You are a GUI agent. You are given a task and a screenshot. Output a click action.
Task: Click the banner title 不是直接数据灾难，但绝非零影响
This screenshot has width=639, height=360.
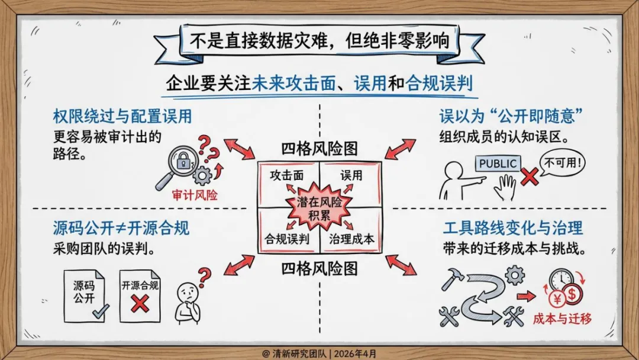pos(319,42)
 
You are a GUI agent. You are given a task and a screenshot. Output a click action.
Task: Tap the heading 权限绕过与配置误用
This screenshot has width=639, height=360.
pos(122,115)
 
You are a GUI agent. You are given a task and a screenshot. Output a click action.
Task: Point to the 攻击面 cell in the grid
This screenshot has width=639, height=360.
pos(287,175)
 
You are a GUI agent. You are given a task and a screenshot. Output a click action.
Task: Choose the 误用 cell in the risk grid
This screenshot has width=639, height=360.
pos(351,175)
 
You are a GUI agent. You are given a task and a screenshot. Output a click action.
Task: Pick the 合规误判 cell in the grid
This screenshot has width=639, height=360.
pos(287,239)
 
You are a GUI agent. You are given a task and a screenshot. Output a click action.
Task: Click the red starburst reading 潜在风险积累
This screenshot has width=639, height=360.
pos(319,208)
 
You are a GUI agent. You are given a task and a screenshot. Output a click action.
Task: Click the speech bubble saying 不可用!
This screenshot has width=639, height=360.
pos(561,161)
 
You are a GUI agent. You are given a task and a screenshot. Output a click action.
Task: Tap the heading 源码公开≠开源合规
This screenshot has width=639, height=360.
pos(121,227)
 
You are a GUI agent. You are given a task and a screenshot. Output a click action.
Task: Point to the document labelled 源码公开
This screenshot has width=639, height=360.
pos(85,294)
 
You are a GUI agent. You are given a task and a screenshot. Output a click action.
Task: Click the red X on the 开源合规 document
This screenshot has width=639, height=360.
pos(140,304)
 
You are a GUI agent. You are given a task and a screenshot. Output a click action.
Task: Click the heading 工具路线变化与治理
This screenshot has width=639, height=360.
pos(514,227)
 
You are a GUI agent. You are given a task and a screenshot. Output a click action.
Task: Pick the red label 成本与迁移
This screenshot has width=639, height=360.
pos(562,318)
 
